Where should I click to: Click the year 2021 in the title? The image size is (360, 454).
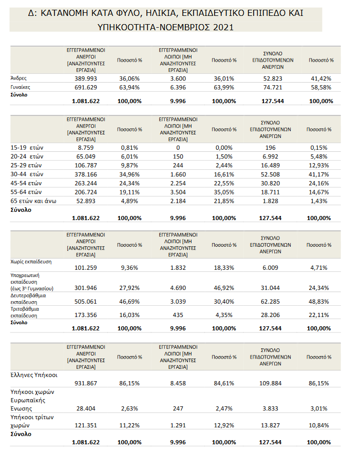click(223, 27)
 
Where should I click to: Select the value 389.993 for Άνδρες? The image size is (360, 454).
click(86, 78)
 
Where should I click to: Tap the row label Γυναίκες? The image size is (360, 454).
click(21, 87)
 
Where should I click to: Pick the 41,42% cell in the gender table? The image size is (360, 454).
click(321, 78)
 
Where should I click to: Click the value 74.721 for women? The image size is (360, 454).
click(273, 87)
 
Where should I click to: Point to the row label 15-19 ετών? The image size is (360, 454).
click(27, 148)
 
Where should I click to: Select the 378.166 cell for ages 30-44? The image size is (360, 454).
click(86, 174)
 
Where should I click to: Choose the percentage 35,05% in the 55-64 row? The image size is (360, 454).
click(224, 192)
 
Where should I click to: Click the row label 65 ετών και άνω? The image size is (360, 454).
click(33, 201)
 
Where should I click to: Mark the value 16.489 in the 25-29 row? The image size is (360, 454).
click(270, 165)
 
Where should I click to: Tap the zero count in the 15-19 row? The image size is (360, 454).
click(178, 148)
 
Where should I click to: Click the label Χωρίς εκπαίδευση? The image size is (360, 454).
click(31, 262)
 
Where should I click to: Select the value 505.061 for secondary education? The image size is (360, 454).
click(86, 302)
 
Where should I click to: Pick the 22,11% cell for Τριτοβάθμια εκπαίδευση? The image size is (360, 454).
click(318, 315)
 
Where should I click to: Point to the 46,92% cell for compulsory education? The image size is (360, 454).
click(224, 288)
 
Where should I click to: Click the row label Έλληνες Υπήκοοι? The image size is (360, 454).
click(34, 375)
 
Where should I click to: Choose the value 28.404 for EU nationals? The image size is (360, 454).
click(86, 408)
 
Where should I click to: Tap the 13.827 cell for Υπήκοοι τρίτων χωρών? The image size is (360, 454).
click(270, 425)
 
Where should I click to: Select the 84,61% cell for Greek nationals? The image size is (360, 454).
click(224, 383)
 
